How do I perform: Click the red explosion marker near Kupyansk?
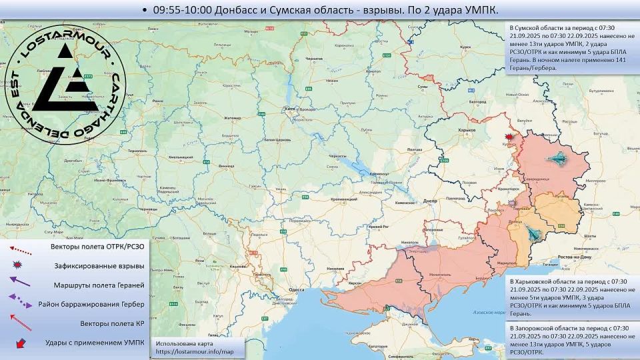(510, 137)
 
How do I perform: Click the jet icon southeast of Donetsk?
(533, 233)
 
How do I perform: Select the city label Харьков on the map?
(459, 130)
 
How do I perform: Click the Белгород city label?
(477, 101)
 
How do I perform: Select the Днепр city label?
(429, 201)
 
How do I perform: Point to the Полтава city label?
(414, 149)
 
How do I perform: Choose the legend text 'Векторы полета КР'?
(98, 323)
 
